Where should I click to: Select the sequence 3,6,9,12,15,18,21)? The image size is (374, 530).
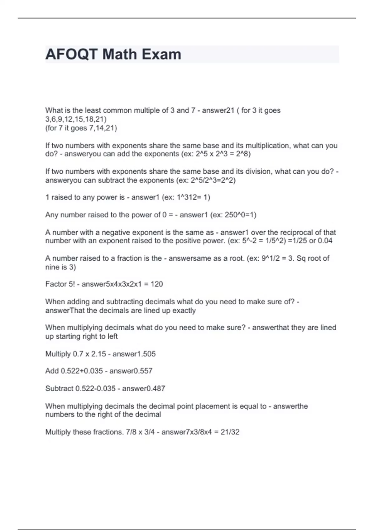tap(76, 119)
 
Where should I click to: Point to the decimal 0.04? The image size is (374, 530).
tap(325, 241)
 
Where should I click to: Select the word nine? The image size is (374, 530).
tap(52, 267)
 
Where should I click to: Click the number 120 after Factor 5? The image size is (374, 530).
tap(156, 284)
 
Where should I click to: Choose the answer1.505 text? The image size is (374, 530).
tap(134, 354)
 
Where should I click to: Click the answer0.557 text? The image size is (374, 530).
tap(131, 371)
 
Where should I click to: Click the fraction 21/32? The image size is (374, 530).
tap(230, 432)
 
